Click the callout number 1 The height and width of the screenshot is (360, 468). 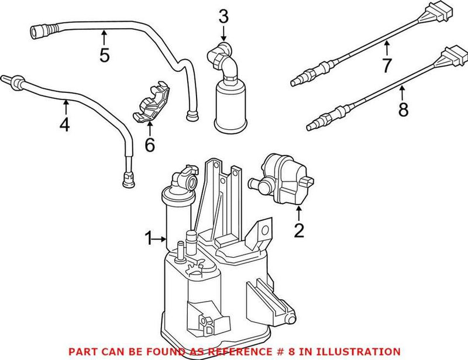[x=149, y=238]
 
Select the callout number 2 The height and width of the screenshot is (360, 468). [x=299, y=231]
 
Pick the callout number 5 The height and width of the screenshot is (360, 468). [x=104, y=56]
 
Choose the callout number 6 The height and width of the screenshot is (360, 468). [x=150, y=144]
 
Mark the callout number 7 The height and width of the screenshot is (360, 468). [x=386, y=65]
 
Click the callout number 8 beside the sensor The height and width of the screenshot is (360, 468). [x=402, y=109]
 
